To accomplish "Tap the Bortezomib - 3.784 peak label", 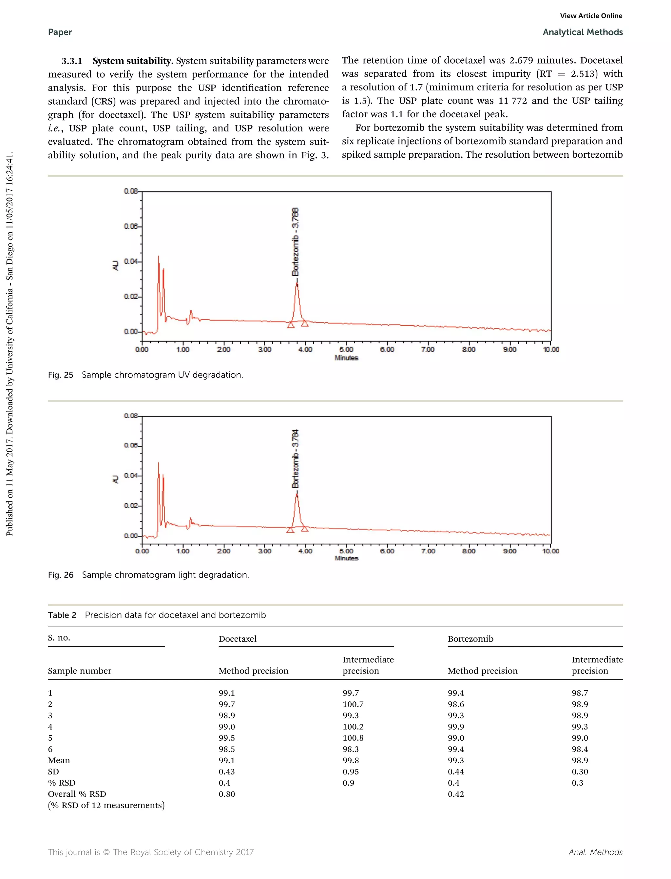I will tap(296, 459).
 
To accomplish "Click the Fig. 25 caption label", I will tap(61, 375).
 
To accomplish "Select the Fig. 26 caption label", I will tap(61, 575).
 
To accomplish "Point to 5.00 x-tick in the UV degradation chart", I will tap(346, 350).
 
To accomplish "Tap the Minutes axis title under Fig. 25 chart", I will tap(346, 358).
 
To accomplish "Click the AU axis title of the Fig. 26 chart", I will tap(115, 479).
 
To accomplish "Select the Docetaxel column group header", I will tap(237, 638).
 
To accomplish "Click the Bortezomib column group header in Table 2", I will tap(470, 638).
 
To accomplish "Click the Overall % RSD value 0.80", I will tap(226, 794).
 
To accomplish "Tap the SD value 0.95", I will tap(350, 772).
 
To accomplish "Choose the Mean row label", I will tap(59, 760).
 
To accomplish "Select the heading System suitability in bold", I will tap(133, 61).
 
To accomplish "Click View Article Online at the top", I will tap(591, 16).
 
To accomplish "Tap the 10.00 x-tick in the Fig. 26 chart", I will tap(550, 551).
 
